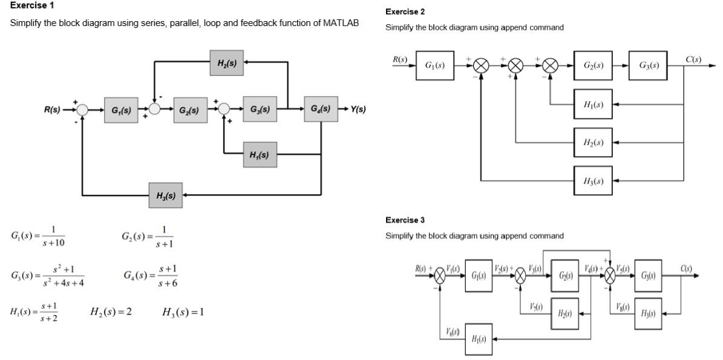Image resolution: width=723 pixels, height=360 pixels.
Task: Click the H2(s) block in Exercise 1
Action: coord(227,63)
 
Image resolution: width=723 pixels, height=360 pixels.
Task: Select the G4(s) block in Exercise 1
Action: coord(320,110)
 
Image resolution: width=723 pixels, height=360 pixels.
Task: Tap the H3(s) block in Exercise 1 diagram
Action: coord(166,195)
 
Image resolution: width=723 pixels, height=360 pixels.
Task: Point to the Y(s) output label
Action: coord(358,110)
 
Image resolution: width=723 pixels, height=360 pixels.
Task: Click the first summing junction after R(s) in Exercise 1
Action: coord(82,110)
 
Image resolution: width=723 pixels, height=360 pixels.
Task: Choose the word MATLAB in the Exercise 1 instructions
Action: coord(341,23)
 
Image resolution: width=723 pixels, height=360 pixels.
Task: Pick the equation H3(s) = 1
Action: coord(183,312)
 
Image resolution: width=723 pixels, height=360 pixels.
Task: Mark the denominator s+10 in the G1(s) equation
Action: coord(54,243)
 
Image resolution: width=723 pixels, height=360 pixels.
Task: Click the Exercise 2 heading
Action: coord(405,11)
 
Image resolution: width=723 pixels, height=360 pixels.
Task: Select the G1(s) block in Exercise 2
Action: coord(434,65)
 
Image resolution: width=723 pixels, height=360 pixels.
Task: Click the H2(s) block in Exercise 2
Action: coord(593,143)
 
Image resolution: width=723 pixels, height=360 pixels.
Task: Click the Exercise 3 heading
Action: coord(405,220)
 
